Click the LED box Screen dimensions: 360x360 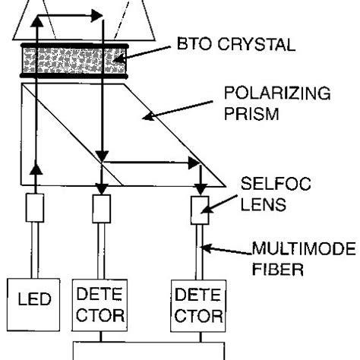(33, 305)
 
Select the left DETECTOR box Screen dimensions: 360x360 (99, 305)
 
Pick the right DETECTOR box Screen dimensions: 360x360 (198, 306)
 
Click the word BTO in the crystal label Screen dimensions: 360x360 (194, 44)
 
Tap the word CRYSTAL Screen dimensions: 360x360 (257, 44)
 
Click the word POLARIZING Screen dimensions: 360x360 (277, 93)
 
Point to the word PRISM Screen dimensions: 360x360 (251, 114)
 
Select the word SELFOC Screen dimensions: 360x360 (276, 184)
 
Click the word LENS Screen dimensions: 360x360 (263, 204)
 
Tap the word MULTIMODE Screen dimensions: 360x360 (304, 248)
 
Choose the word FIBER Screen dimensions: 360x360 (278, 269)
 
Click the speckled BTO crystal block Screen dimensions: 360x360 (74, 61)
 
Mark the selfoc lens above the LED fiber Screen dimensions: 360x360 (35, 208)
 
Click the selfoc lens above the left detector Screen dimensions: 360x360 (101, 209)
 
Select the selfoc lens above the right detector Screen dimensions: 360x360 (200, 210)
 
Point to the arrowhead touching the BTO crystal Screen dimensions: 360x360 (119, 60)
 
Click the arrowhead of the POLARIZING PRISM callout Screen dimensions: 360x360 (149, 116)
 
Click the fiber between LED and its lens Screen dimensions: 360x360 (35, 251)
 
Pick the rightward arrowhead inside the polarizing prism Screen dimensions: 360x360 (194, 163)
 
